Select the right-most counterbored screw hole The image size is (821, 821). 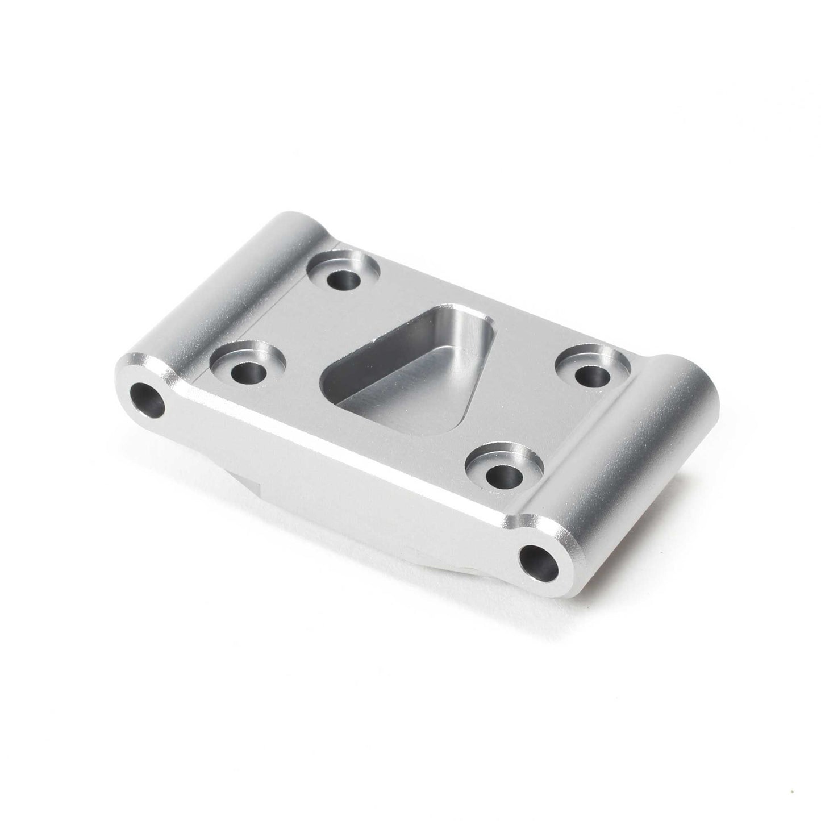(589, 374)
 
